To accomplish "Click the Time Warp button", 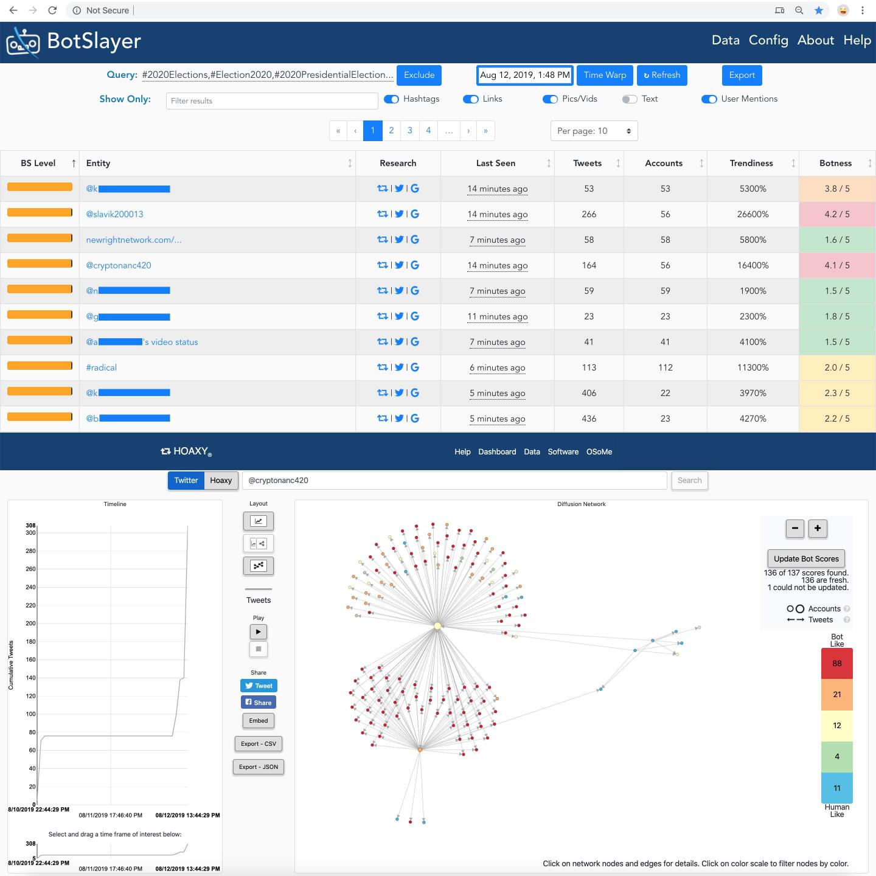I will (605, 75).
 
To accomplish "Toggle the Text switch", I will (630, 99).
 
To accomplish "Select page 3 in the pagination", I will (410, 131).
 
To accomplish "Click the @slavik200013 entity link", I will (114, 214).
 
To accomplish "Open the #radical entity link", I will (101, 367).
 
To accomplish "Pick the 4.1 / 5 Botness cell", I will (836, 265).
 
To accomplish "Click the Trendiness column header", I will (751, 163).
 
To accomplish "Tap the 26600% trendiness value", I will (753, 214).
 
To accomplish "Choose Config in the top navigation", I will (768, 40).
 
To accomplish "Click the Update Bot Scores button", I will (806, 558).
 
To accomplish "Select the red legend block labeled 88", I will (836, 663).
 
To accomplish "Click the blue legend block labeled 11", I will (836, 788).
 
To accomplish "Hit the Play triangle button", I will (259, 632).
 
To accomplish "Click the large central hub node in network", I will (437, 625).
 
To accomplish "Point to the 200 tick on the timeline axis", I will (30, 624).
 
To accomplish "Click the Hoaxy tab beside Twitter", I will (221, 481).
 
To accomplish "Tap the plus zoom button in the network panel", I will (818, 529).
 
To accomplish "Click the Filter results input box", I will (272, 101).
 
